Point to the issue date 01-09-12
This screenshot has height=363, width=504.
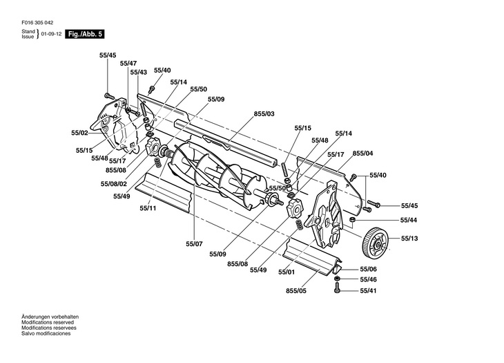(x=51, y=34)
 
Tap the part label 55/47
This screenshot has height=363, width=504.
(x=128, y=63)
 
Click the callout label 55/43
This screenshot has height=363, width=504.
(x=138, y=72)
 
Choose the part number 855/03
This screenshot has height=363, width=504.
(x=264, y=113)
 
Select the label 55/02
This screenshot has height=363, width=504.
(x=79, y=133)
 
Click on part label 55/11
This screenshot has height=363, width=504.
(x=148, y=207)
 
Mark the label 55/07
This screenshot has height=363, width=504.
(x=194, y=244)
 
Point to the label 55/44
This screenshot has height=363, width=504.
(x=409, y=220)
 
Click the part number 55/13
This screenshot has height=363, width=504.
(x=409, y=239)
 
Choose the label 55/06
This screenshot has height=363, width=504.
(x=369, y=269)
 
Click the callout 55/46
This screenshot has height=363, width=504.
(x=369, y=279)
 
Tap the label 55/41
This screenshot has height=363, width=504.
(x=369, y=291)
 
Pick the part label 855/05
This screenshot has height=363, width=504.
(x=295, y=291)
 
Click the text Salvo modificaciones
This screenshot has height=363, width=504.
(x=46, y=333)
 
